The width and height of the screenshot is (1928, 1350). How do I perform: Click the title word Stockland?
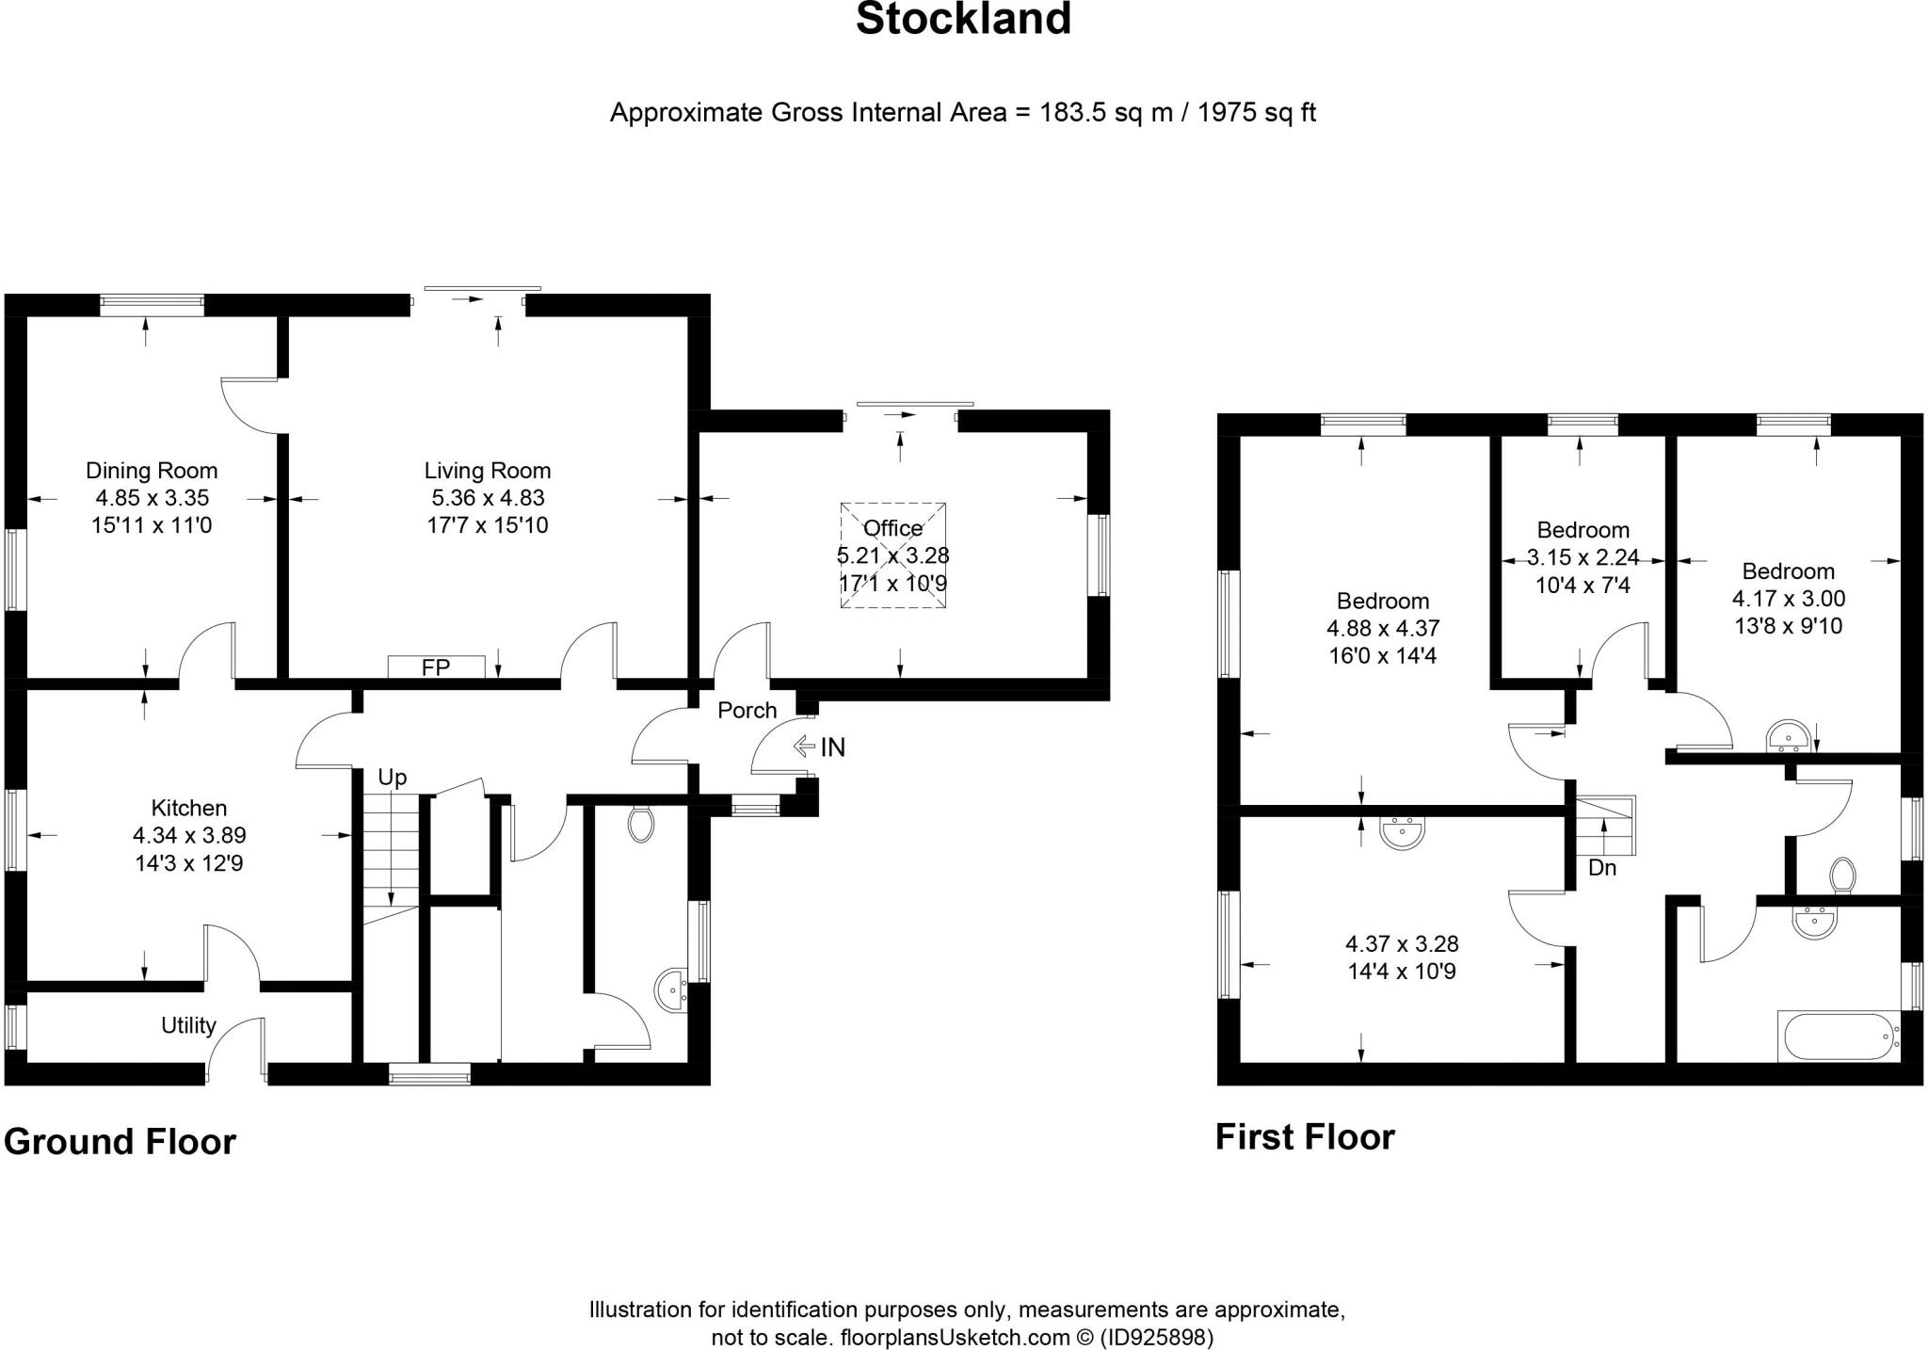(x=963, y=19)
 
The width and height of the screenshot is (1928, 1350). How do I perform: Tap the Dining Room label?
(x=152, y=471)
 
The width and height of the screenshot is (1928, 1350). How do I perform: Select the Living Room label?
(x=487, y=471)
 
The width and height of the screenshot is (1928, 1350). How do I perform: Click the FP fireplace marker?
(x=436, y=667)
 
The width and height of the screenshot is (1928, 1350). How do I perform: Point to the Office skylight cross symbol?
(x=892, y=555)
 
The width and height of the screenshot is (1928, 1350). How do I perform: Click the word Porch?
(x=747, y=710)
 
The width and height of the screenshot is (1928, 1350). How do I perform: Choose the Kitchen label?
(x=189, y=808)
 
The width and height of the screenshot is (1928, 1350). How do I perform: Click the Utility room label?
(x=188, y=1025)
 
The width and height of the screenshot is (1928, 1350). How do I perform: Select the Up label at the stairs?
(x=392, y=778)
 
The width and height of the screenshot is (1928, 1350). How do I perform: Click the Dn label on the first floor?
(x=1602, y=868)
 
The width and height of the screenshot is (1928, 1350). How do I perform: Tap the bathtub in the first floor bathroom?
(x=1838, y=1037)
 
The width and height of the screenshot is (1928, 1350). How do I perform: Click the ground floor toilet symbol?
(x=641, y=824)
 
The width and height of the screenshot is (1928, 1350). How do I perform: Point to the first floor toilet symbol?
(x=1842, y=875)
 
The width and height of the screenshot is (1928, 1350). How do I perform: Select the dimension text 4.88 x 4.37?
(x=1383, y=628)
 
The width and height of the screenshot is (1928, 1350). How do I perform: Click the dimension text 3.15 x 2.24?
(x=1583, y=557)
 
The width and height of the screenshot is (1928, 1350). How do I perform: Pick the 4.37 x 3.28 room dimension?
(x=1402, y=943)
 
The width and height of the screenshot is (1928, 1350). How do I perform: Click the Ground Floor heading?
(x=120, y=1141)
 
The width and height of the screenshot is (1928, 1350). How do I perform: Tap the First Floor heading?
(x=1305, y=1136)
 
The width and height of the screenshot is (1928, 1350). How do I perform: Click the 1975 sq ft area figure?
(x=1257, y=113)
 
